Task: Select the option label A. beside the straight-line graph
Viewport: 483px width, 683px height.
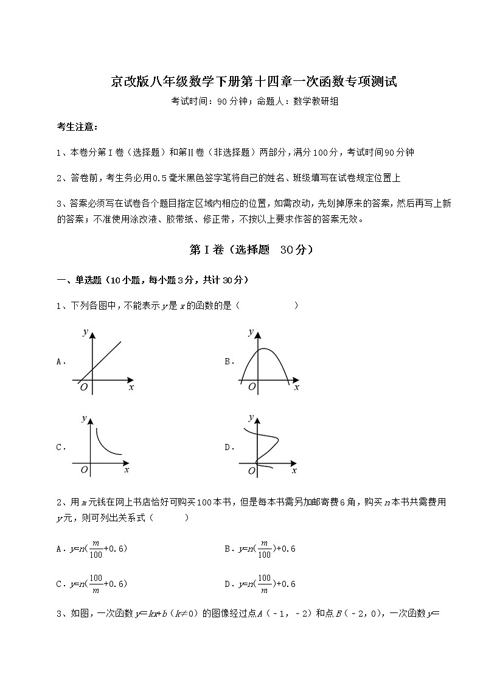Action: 61,361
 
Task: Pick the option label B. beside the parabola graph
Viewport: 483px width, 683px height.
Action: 229,361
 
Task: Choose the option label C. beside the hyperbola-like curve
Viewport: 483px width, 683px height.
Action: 61,447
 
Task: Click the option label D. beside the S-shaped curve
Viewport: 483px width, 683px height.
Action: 229,447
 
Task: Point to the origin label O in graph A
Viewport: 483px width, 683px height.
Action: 83,387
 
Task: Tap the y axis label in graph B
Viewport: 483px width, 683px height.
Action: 251,331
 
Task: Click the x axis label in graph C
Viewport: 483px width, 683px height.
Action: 127,470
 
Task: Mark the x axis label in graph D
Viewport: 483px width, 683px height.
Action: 294,470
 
